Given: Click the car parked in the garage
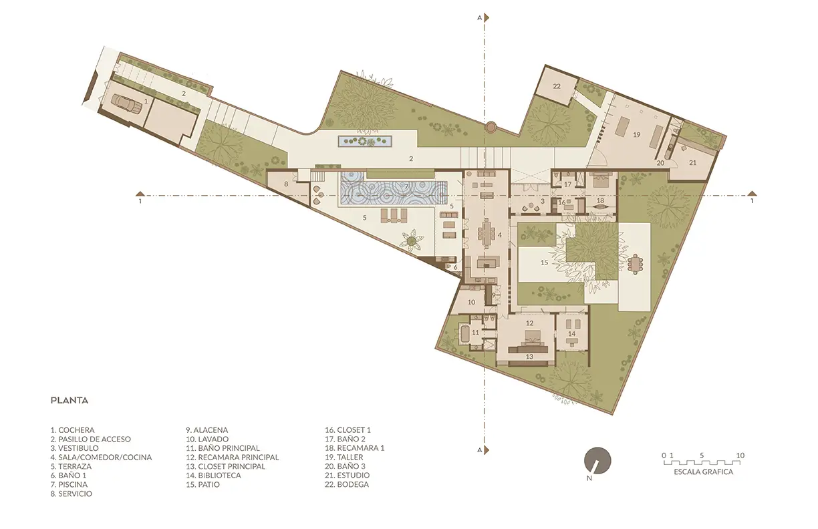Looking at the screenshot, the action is (127, 103).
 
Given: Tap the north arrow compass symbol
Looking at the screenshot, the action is (597, 461).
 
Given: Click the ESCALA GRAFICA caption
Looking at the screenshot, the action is (703, 472).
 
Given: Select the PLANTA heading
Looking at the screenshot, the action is (70, 401).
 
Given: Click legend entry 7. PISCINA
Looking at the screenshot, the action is (69, 484).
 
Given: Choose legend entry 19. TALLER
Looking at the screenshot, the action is (344, 457).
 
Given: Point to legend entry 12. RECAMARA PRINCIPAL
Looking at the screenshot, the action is (233, 457).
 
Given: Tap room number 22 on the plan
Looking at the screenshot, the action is (557, 86).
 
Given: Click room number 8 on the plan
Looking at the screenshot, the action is (286, 184).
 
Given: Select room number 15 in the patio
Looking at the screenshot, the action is (544, 262).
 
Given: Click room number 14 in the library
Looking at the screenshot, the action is (571, 334).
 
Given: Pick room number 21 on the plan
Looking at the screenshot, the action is (693, 162).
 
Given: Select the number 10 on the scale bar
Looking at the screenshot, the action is (740, 456).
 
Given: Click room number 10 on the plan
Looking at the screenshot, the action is (471, 302).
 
